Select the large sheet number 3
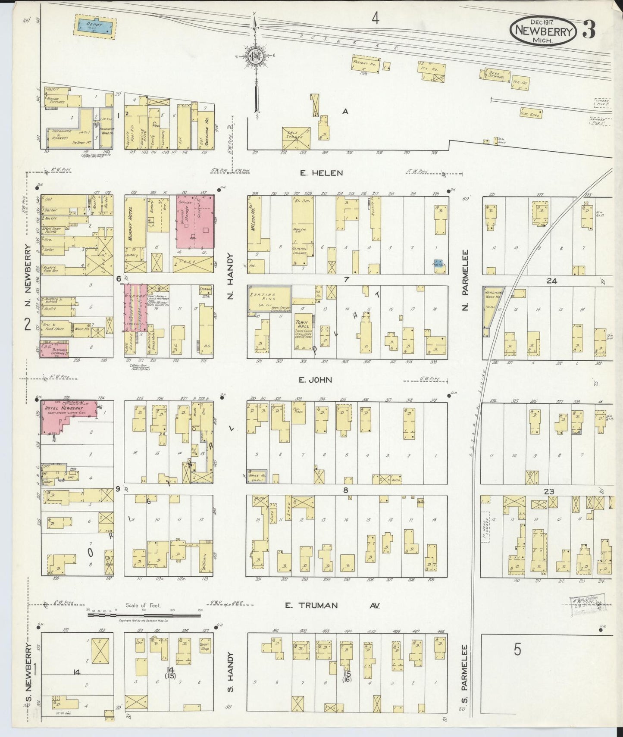589,29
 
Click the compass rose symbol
256,56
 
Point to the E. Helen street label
322,173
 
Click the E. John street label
316,380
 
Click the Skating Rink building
268,298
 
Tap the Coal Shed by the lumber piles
530,113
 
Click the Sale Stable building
296,138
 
